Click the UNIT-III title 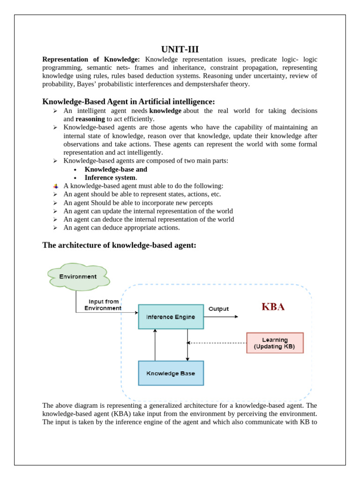[180, 49]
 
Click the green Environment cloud [78, 277]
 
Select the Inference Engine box [171, 317]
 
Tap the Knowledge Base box [171, 374]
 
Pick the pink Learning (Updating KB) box [275, 343]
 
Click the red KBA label [273, 307]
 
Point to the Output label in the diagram [218, 309]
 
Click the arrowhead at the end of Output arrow [236, 317]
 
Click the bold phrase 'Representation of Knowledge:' [91, 60]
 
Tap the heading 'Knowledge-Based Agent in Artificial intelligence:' [128, 102]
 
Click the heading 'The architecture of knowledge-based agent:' [119, 245]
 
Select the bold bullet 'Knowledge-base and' [116, 169]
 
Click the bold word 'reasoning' [90, 119]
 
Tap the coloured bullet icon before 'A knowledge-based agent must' [55, 186]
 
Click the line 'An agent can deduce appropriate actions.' [121, 228]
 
